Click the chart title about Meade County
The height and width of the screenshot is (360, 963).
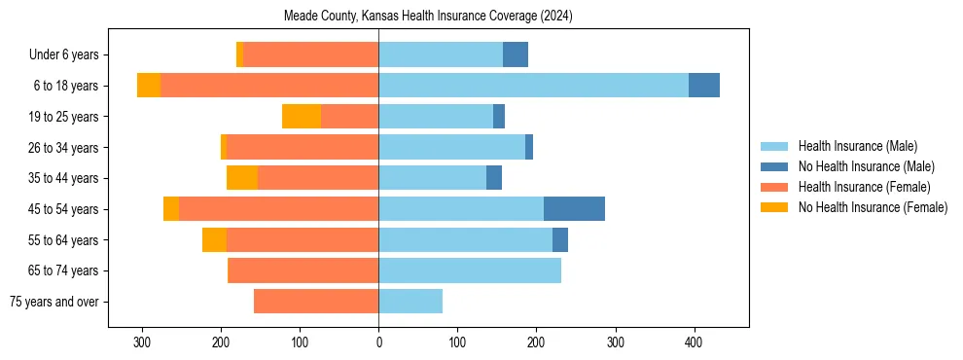tap(428, 17)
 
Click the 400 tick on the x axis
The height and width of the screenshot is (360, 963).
tap(694, 342)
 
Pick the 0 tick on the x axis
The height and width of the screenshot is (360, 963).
tap(378, 342)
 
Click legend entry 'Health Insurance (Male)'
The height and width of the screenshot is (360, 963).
tap(857, 146)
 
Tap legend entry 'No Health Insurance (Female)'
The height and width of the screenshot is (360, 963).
tap(872, 207)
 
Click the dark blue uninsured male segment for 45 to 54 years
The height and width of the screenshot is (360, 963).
tap(574, 209)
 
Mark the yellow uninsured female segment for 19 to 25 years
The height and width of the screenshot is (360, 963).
tap(302, 117)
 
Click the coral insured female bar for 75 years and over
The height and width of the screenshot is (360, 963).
tap(316, 302)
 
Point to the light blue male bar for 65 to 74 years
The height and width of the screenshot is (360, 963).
tap(470, 270)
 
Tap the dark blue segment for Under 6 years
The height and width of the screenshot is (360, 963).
tap(516, 55)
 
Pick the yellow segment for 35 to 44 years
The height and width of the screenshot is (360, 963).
tap(242, 178)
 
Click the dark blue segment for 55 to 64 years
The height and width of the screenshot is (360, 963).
tap(560, 239)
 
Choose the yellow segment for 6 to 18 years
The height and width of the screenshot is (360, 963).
tap(149, 86)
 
